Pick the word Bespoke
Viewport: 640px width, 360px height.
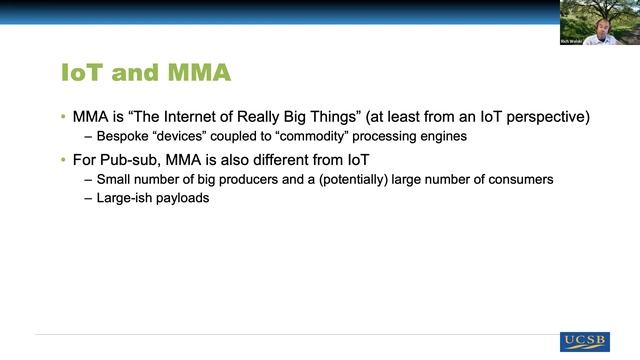tap(123, 136)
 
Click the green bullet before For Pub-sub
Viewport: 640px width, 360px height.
tap(63, 160)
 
